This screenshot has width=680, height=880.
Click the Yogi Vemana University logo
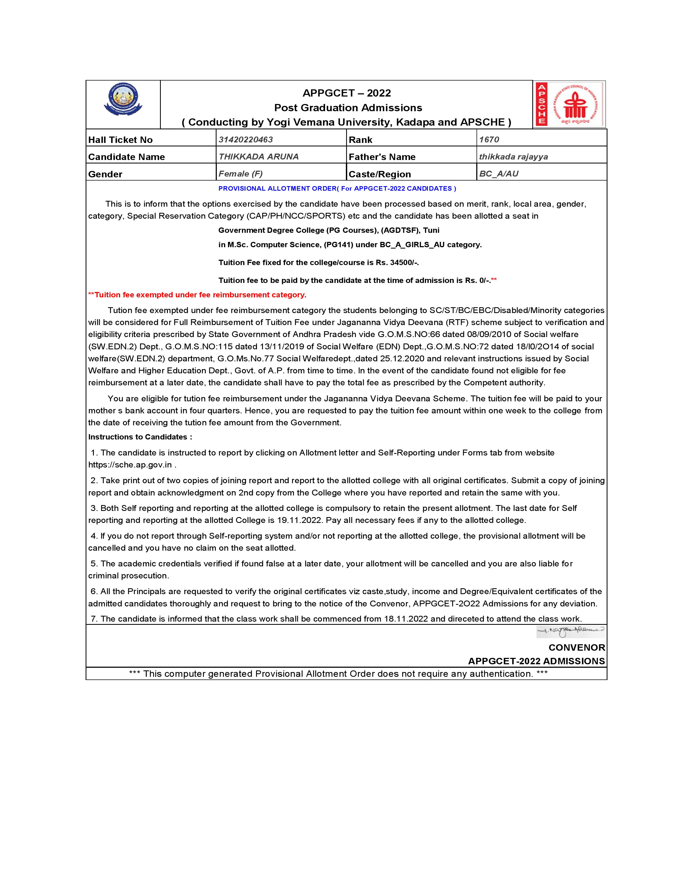pos(123,100)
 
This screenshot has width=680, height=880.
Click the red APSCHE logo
pos(569,104)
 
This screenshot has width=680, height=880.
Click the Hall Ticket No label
pos(121,140)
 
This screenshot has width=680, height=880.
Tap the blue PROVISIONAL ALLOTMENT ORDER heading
pos(337,188)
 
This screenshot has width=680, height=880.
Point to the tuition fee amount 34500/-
pos(404,262)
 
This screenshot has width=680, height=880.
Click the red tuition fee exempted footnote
pos(197,295)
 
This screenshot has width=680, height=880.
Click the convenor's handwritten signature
pos(570,631)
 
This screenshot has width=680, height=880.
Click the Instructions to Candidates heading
pos(140,437)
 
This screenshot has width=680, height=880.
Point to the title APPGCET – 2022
pos(346,93)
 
